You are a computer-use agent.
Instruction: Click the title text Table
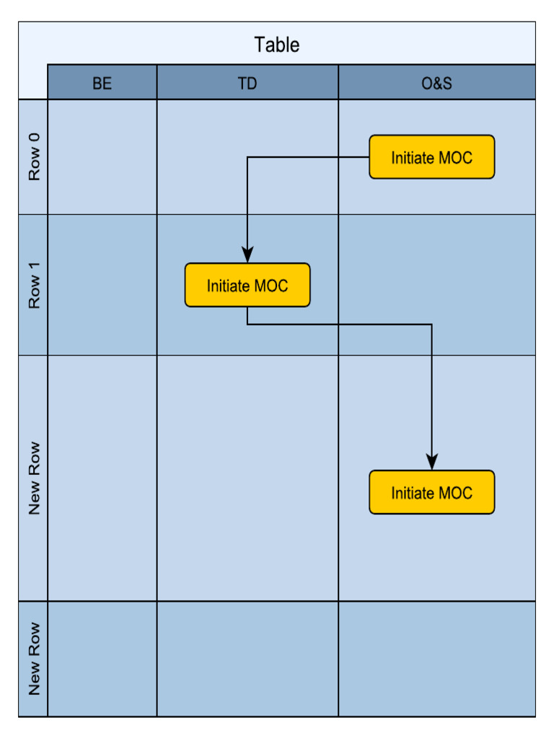coord(276,45)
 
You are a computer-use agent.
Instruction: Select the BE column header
coord(102,83)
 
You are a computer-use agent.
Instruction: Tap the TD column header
coord(247,83)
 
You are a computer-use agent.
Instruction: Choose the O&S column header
coord(436,83)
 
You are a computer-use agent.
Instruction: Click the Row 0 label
coord(34,157)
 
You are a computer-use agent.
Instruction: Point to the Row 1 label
coord(34,285)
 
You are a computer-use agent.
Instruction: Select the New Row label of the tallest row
coord(34,478)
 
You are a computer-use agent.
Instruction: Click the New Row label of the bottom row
coord(34,659)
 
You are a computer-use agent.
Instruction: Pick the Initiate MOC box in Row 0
coord(431,157)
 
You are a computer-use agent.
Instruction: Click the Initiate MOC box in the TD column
coord(247,285)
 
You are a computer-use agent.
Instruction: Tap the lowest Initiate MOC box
coord(431,493)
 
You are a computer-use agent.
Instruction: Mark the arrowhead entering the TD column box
coord(247,255)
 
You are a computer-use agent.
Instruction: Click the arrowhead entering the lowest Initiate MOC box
coord(431,462)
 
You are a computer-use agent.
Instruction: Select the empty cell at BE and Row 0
coord(102,157)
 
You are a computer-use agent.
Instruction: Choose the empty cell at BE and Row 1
coord(102,285)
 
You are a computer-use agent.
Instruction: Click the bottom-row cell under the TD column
coord(247,659)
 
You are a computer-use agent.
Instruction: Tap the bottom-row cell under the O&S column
coord(436,659)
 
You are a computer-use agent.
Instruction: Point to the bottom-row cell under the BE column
coord(102,659)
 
